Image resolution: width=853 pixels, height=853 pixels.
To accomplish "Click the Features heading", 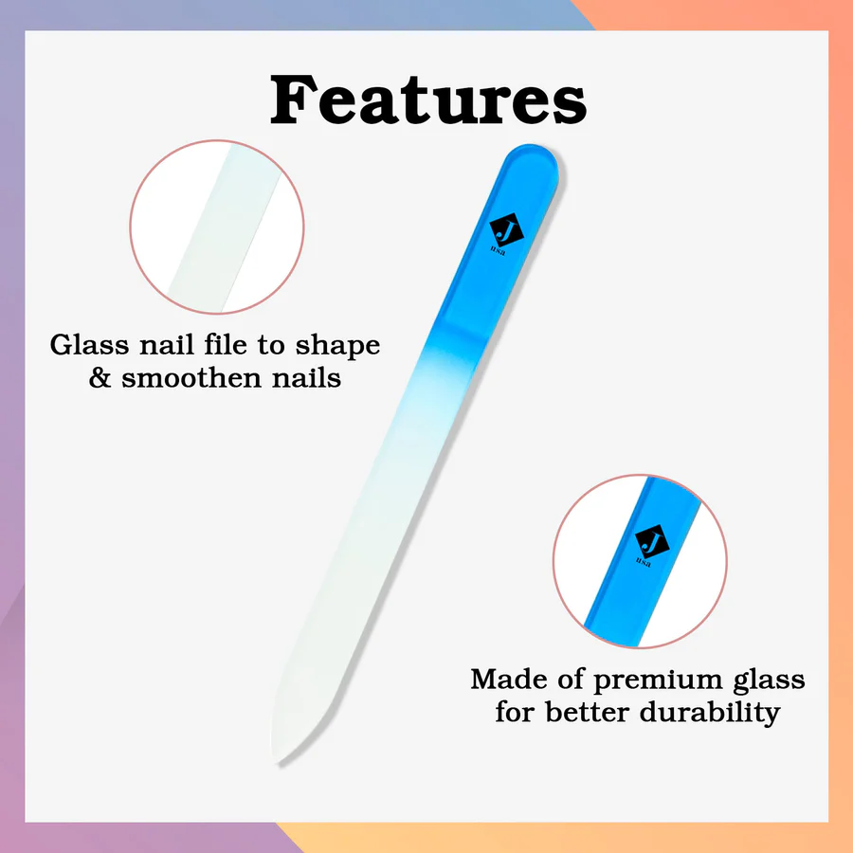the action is click(x=428, y=100).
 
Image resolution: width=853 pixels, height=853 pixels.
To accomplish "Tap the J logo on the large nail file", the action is click(x=506, y=229).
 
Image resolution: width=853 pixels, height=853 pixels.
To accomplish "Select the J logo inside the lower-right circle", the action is click(x=652, y=541).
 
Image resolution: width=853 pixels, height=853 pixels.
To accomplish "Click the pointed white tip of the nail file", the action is click(x=274, y=758).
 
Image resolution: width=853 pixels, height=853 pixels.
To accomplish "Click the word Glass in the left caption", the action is click(x=90, y=345).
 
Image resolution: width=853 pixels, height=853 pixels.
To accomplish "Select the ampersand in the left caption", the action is click(x=100, y=378).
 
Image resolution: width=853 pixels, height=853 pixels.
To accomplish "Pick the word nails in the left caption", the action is click(x=307, y=378).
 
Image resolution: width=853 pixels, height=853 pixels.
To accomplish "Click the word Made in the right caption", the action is click(x=509, y=680).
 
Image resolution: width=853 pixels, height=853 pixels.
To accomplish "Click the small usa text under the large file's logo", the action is click(x=498, y=252).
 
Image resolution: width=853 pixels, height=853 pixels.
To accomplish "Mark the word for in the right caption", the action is click(x=515, y=712).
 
